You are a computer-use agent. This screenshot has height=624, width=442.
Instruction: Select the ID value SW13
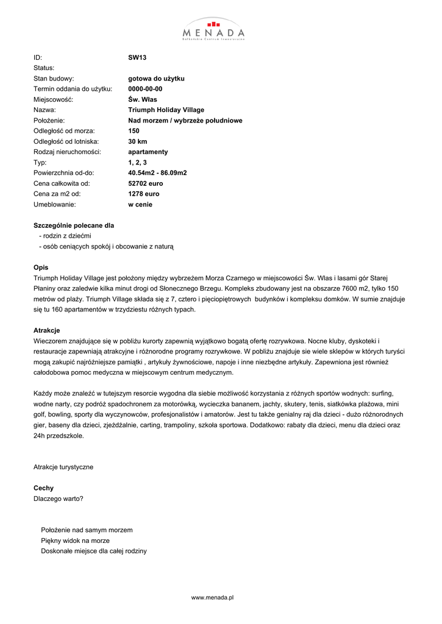[137, 57]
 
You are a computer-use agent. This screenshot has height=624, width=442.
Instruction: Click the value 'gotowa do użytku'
[156, 79]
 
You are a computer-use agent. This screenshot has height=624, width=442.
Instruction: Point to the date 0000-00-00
[145, 89]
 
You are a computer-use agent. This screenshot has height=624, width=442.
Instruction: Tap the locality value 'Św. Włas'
[142, 99]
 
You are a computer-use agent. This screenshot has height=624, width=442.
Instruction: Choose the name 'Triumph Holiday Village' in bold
[166, 110]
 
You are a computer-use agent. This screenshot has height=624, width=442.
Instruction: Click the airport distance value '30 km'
[138, 141]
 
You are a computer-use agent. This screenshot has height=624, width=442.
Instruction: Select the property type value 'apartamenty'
[148, 152]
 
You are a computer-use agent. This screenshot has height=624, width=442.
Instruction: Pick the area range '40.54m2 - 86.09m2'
[157, 173]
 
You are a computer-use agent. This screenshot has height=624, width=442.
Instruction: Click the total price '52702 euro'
[146, 183]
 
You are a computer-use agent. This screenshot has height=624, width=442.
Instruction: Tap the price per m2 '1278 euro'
[143, 194]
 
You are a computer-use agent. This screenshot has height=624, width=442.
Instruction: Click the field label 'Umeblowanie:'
[54, 205]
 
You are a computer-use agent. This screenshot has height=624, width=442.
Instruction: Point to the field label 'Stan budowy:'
[54, 79]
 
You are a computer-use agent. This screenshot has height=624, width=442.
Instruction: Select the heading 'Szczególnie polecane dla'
[74, 225]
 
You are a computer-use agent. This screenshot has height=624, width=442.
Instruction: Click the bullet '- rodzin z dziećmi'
[65, 236]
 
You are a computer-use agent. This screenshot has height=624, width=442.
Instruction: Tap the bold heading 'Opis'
[41, 267]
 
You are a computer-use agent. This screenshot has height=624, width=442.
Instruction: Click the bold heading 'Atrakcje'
[46, 330]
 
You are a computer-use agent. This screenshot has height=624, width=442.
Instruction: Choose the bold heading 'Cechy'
[43, 488]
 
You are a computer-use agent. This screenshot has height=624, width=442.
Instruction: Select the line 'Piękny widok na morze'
[76, 541]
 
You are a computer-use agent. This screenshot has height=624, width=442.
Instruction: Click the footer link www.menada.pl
[213, 598]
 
